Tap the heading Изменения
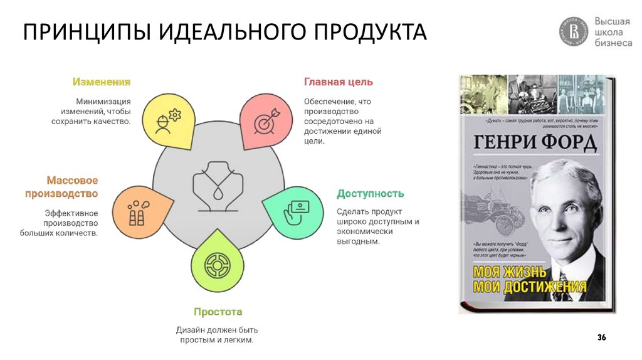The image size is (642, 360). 101,82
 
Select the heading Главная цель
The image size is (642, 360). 339,82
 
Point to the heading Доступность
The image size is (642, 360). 370,193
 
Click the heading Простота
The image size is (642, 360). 218,312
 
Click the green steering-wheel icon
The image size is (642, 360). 216,266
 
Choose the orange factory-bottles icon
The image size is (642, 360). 139,211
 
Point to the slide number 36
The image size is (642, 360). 601,338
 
